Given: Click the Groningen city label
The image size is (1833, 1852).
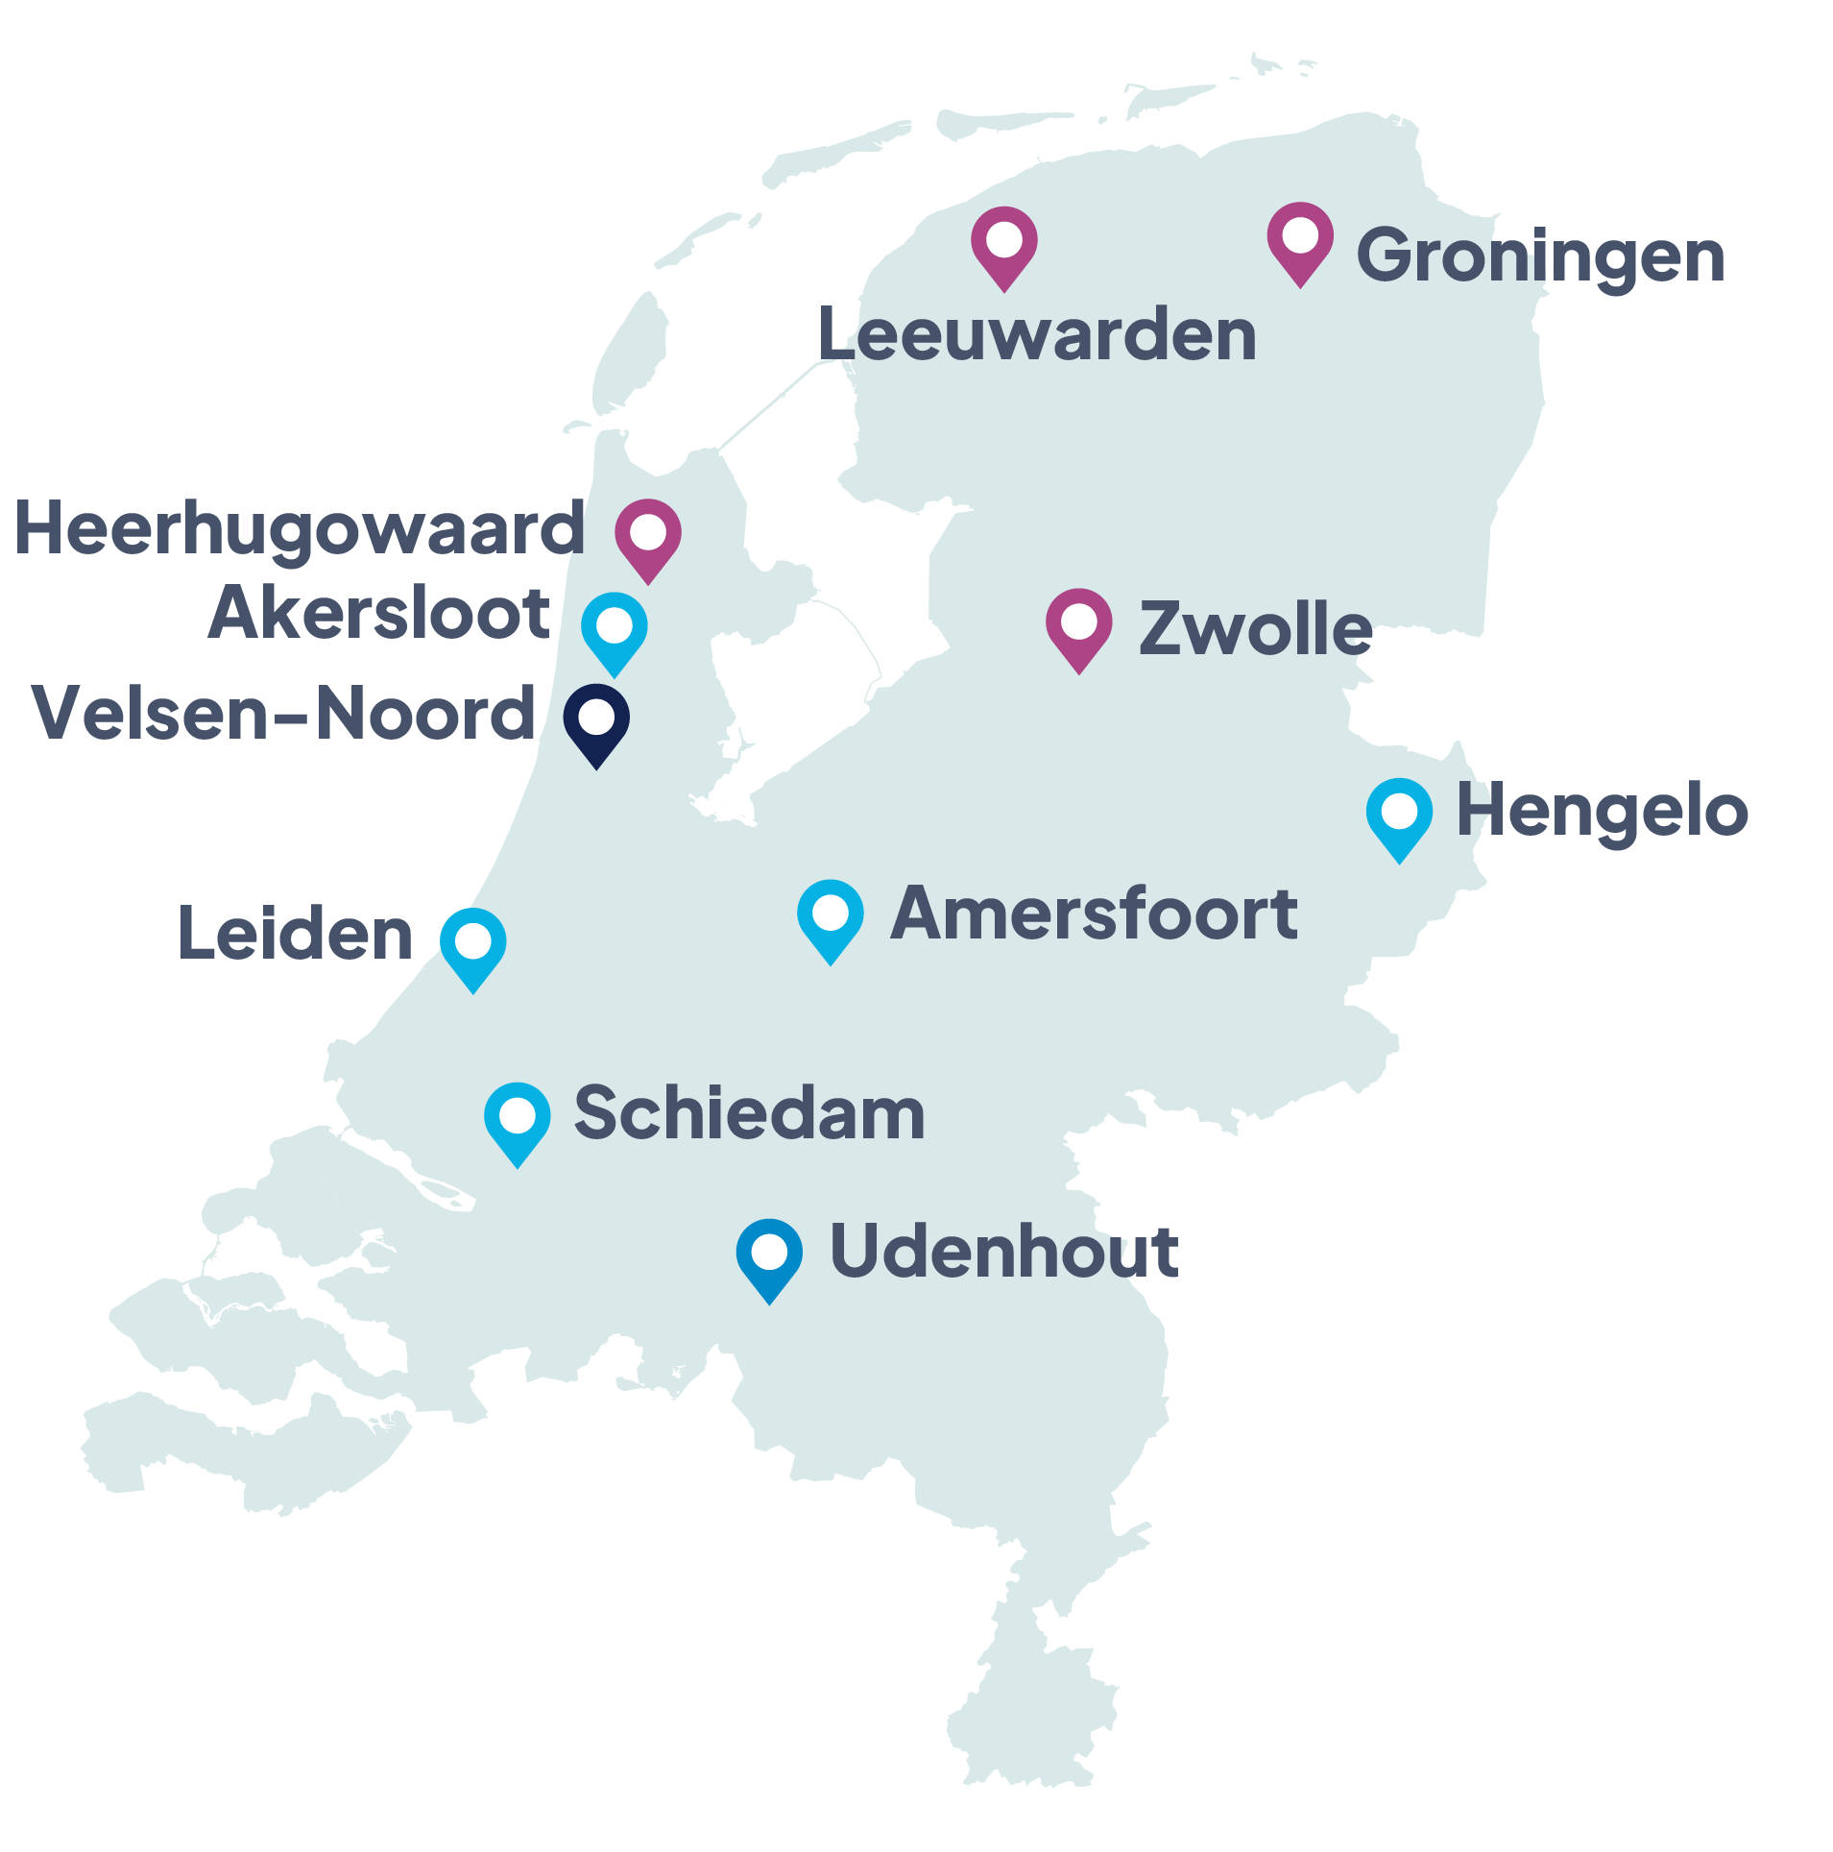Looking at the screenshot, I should click(1539, 256).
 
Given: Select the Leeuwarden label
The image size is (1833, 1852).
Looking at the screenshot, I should click(1037, 335).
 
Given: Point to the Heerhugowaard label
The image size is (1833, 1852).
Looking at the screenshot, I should click(300, 529).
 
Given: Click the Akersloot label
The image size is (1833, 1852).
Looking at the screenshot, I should click(379, 613).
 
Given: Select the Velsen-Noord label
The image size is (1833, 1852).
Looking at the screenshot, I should click(283, 714).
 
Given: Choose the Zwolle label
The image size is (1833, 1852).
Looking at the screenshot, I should click(1255, 629).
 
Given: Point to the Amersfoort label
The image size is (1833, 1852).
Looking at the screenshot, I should click(1094, 914).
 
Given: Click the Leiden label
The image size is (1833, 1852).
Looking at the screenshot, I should click(296, 934).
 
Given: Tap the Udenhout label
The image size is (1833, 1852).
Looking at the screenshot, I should click(1003, 1252).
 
